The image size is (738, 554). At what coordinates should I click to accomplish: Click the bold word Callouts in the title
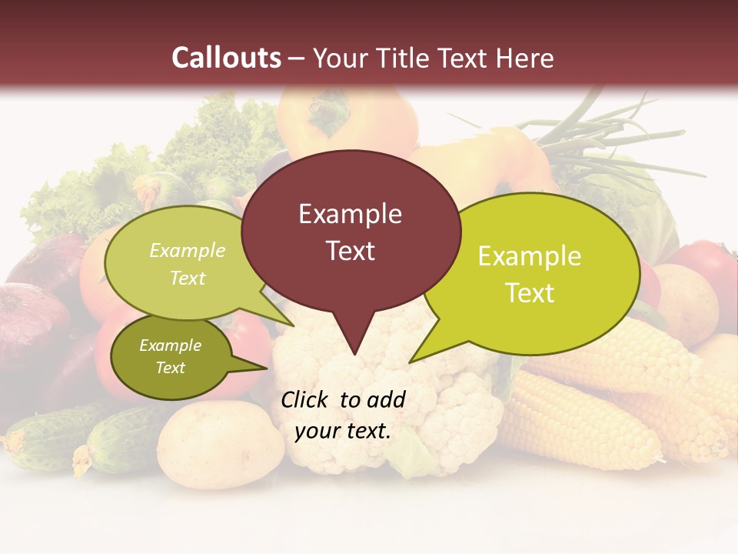pos(226,58)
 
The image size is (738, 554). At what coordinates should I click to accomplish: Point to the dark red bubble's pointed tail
pos(354,342)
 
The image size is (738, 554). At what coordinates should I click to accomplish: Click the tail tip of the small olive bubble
pos(265,369)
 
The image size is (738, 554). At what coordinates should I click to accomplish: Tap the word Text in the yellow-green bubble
pos(530,293)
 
